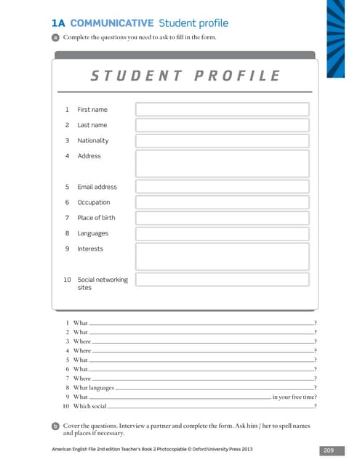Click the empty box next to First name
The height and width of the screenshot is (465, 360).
coord(222,110)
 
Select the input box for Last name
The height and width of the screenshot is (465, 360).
coord(222,125)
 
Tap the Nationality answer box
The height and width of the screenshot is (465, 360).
coord(222,141)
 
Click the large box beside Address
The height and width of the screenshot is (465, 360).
coord(222,163)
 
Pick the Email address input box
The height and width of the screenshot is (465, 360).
coord(222,187)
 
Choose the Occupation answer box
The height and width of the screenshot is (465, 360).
coord(222,203)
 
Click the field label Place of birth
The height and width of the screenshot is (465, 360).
coord(96,218)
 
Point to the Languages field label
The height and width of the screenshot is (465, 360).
coord(92,233)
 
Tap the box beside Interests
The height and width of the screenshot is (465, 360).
coord(222,256)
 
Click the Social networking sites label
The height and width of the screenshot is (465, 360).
coord(102,283)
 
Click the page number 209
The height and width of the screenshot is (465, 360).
coord(328,451)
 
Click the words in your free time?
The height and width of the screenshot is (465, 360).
coord(295,397)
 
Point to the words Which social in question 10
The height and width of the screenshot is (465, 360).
coord(89,406)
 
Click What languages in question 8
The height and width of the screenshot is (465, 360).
coord(93,388)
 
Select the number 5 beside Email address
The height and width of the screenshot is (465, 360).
coord(67,187)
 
